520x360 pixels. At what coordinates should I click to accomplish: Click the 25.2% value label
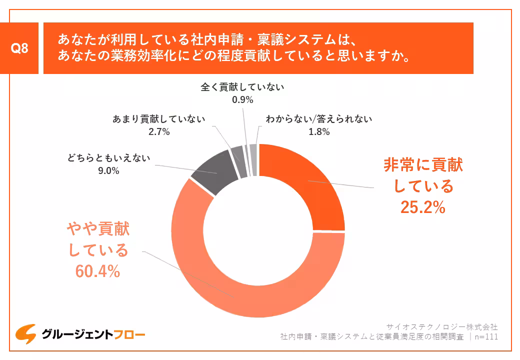[x=423, y=206]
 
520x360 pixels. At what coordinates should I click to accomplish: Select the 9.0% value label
[x=108, y=171]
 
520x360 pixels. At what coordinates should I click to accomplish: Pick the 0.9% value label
[x=242, y=99]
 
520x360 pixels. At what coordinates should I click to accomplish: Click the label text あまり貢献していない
[x=159, y=119]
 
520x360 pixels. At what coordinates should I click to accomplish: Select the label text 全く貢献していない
[x=242, y=87]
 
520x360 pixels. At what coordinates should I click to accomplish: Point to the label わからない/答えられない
[x=319, y=119]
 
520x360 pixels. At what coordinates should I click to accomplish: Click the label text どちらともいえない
[x=108, y=158]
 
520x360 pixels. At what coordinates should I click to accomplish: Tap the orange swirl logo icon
[x=25, y=333]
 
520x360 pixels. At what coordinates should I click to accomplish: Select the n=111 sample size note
[x=485, y=336]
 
